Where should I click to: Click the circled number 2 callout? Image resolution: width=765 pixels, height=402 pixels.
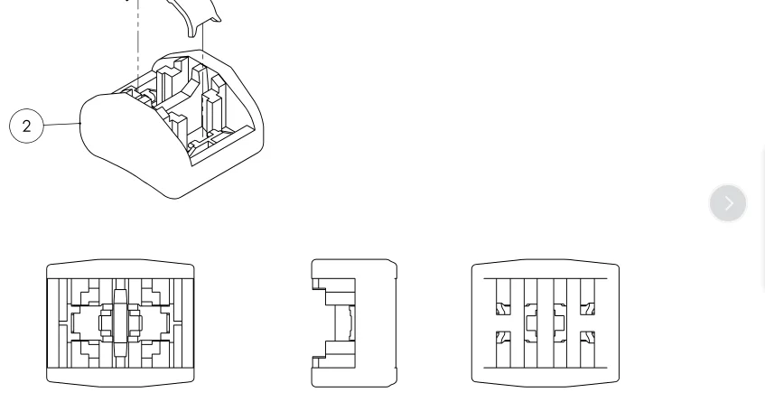click(x=26, y=126)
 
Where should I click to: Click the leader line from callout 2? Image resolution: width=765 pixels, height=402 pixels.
click(x=61, y=125)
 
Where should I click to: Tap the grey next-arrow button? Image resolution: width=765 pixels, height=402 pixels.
click(x=727, y=203)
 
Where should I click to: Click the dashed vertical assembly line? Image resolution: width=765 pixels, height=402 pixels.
click(x=138, y=45)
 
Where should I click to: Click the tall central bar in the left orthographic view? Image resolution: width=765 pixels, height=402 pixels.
click(x=120, y=323)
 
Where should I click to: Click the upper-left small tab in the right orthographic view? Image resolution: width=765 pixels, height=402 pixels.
click(x=503, y=308)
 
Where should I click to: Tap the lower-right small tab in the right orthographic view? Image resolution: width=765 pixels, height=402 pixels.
click(x=587, y=338)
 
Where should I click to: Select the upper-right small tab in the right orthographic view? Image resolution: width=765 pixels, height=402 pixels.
click(x=587, y=308)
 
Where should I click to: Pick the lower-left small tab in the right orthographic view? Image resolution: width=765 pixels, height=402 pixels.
click(x=503, y=338)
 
